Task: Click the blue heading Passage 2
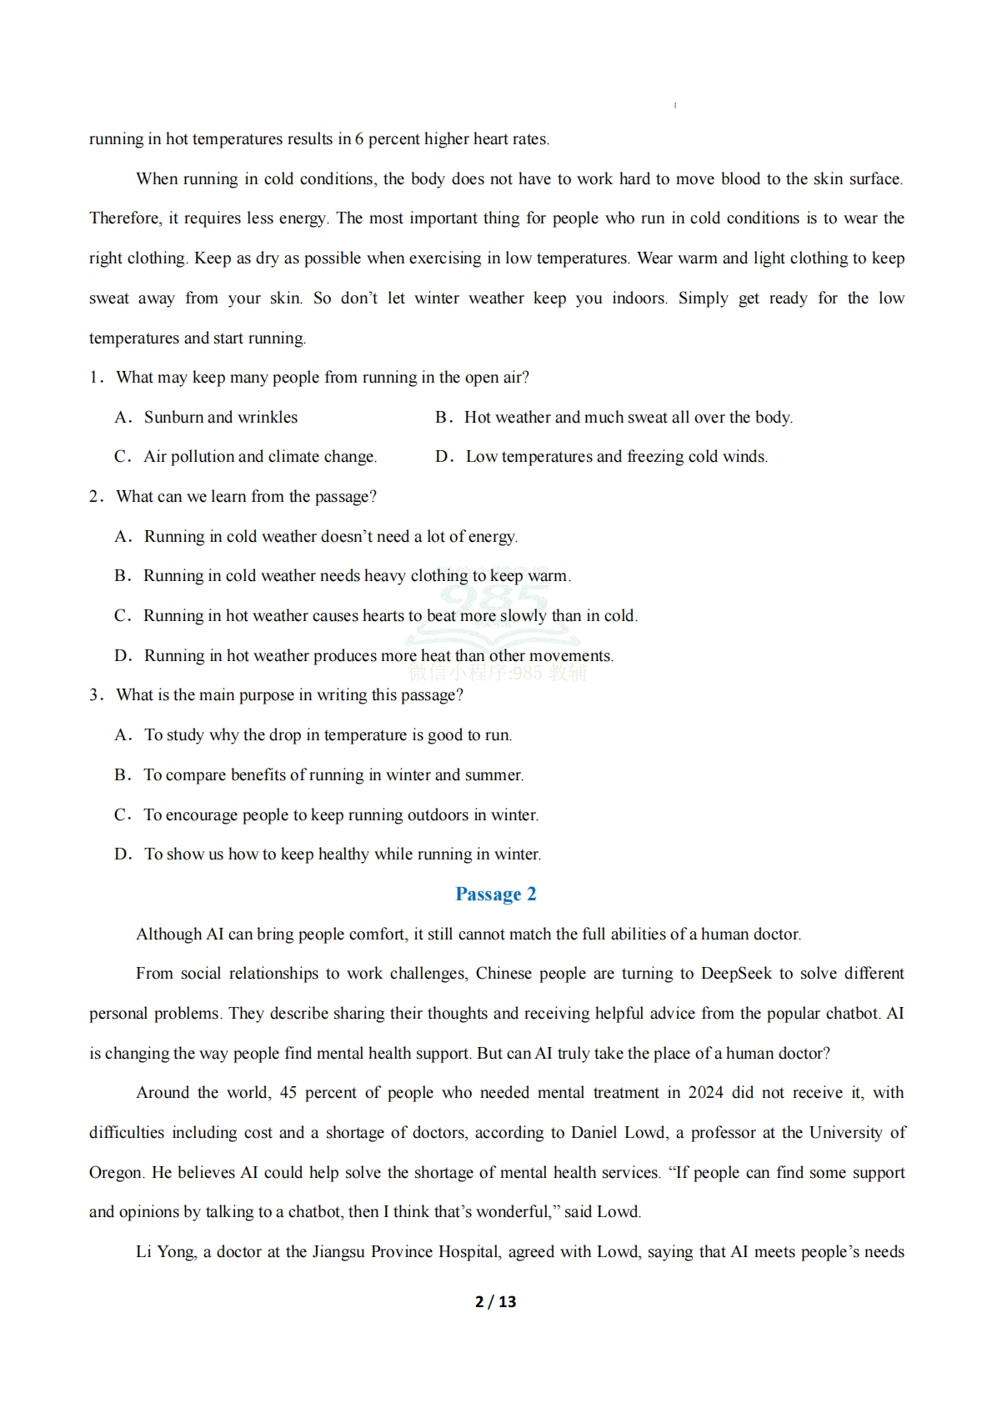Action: pos(495,894)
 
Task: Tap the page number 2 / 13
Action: pos(495,1301)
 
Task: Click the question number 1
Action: pos(95,378)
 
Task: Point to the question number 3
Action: pos(95,695)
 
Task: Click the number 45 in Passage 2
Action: pos(288,1093)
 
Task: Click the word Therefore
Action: pos(125,218)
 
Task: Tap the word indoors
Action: pos(639,298)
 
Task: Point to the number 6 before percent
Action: pos(359,139)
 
